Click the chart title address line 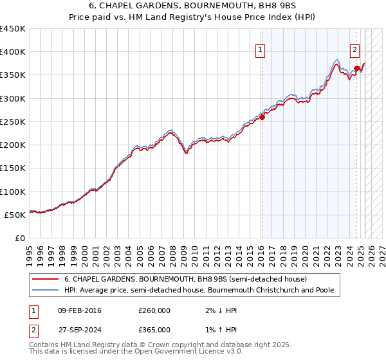pos(193,7)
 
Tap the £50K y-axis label pos(15,215)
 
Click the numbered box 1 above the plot pos(260,50)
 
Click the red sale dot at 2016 pos(262,117)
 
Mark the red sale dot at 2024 pos(356,68)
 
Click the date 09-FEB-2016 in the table pos(80,310)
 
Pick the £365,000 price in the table pos(154,329)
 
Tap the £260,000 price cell pos(154,310)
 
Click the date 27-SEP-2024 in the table pos(80,329)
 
